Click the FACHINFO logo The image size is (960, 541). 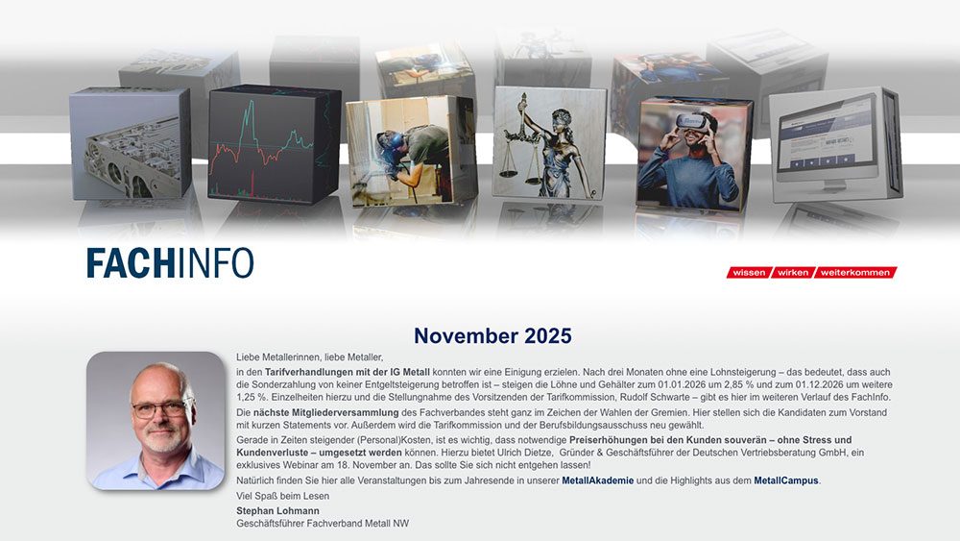[170, 263]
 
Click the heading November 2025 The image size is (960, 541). [492, 336]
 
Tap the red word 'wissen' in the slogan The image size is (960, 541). [749, 273]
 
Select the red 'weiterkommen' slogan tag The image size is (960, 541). [856, 273]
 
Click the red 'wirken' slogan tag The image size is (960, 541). [793, 273]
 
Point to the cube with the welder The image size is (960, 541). [410, 151]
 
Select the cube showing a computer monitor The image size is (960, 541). [833, 144]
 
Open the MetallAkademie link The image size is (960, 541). [597, 480]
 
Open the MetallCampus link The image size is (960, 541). [786, 480]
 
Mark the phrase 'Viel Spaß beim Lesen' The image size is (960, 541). [283, 496]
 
